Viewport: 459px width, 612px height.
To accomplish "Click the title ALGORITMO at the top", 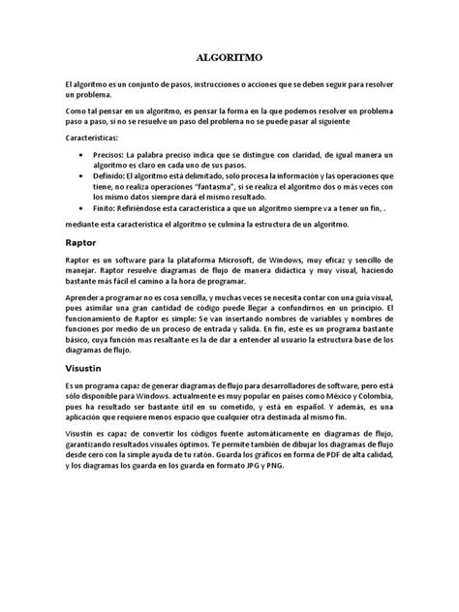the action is click(x=229, y=57).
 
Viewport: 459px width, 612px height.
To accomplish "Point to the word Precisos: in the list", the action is click(x=114, y=155).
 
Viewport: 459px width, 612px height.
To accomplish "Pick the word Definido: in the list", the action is click(x=114, y=176).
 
